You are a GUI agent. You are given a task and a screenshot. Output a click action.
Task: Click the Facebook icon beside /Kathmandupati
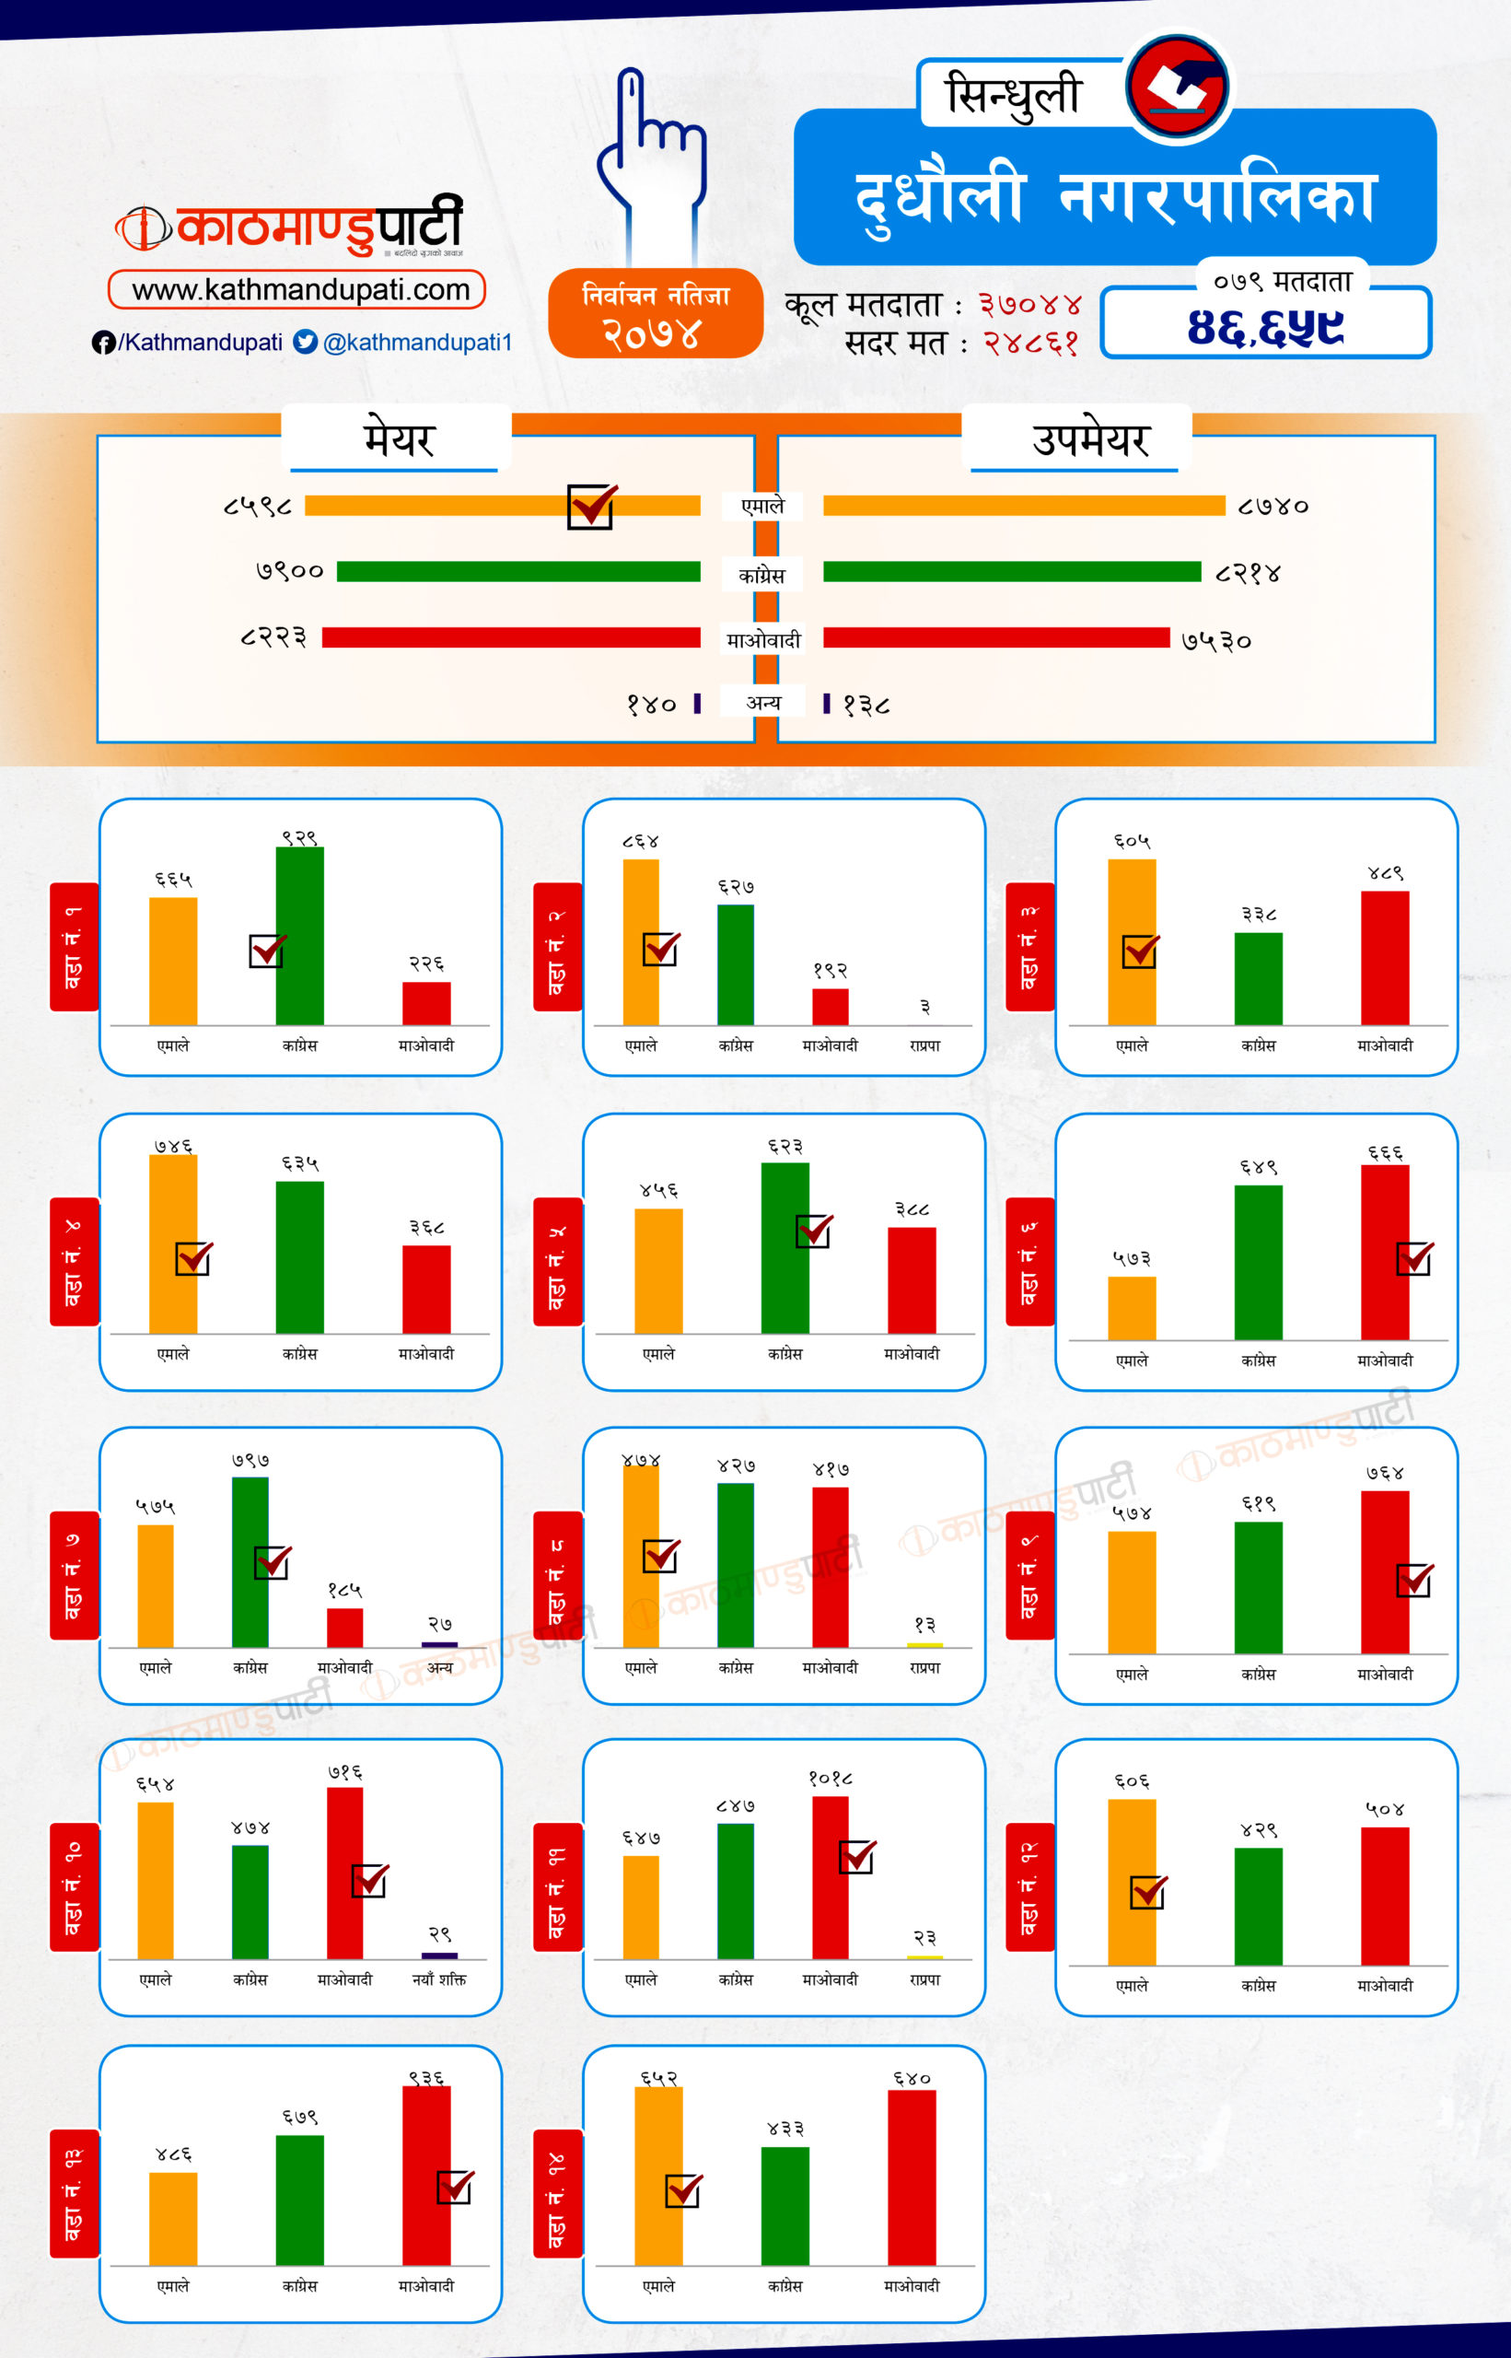102,343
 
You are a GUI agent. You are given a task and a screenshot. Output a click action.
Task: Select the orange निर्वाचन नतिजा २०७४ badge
656,313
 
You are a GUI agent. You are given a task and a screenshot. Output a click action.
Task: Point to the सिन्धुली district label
1013,95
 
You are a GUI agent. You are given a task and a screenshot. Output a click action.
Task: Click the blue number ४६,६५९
1265,327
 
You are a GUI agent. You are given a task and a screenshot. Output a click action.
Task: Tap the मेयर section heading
399,438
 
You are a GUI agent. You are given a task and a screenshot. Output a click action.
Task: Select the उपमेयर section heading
1090,438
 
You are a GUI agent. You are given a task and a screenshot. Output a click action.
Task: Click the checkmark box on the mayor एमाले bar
590,507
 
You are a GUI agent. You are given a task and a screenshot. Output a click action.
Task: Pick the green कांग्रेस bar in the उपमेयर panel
1012,572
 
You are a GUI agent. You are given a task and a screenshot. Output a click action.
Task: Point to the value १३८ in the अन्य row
866,705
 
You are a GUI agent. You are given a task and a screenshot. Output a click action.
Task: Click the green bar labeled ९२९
299,935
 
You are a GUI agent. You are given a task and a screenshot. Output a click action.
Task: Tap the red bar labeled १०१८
830,1876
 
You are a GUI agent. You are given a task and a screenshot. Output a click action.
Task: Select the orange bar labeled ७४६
173,1243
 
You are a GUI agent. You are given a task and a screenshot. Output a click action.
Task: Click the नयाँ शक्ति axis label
438,1979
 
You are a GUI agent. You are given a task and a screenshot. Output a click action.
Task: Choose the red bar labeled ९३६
425,2175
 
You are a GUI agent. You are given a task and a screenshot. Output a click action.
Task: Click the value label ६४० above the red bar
912,2077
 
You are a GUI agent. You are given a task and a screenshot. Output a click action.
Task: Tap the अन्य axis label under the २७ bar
439,1667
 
